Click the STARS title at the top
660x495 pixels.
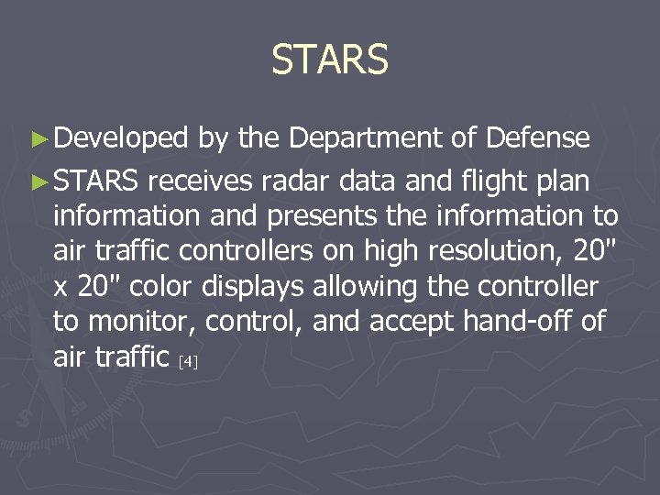pos(330,60)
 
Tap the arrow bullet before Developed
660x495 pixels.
pos(38,138)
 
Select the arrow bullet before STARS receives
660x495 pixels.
pos(38,181)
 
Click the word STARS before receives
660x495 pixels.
pos(95,181)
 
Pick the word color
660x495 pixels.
pos(160,287)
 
